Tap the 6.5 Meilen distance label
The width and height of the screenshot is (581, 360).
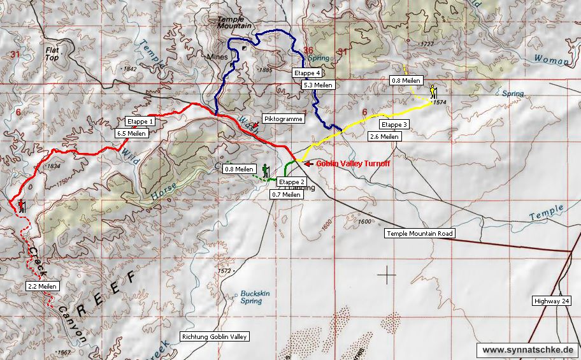132,134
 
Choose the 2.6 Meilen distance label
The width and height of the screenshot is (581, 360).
385,136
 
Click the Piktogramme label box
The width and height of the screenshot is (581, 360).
283,119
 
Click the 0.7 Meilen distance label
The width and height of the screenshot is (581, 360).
286,194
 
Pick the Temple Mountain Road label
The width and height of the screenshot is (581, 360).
420,234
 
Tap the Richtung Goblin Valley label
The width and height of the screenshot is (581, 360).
215,336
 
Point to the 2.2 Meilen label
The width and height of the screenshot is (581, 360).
42,286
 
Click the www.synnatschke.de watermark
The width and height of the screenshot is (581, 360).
528,350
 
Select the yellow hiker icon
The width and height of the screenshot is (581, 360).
433,92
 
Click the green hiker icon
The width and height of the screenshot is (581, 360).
265,171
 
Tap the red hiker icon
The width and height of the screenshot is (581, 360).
21,205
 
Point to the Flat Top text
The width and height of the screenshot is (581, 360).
52,52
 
